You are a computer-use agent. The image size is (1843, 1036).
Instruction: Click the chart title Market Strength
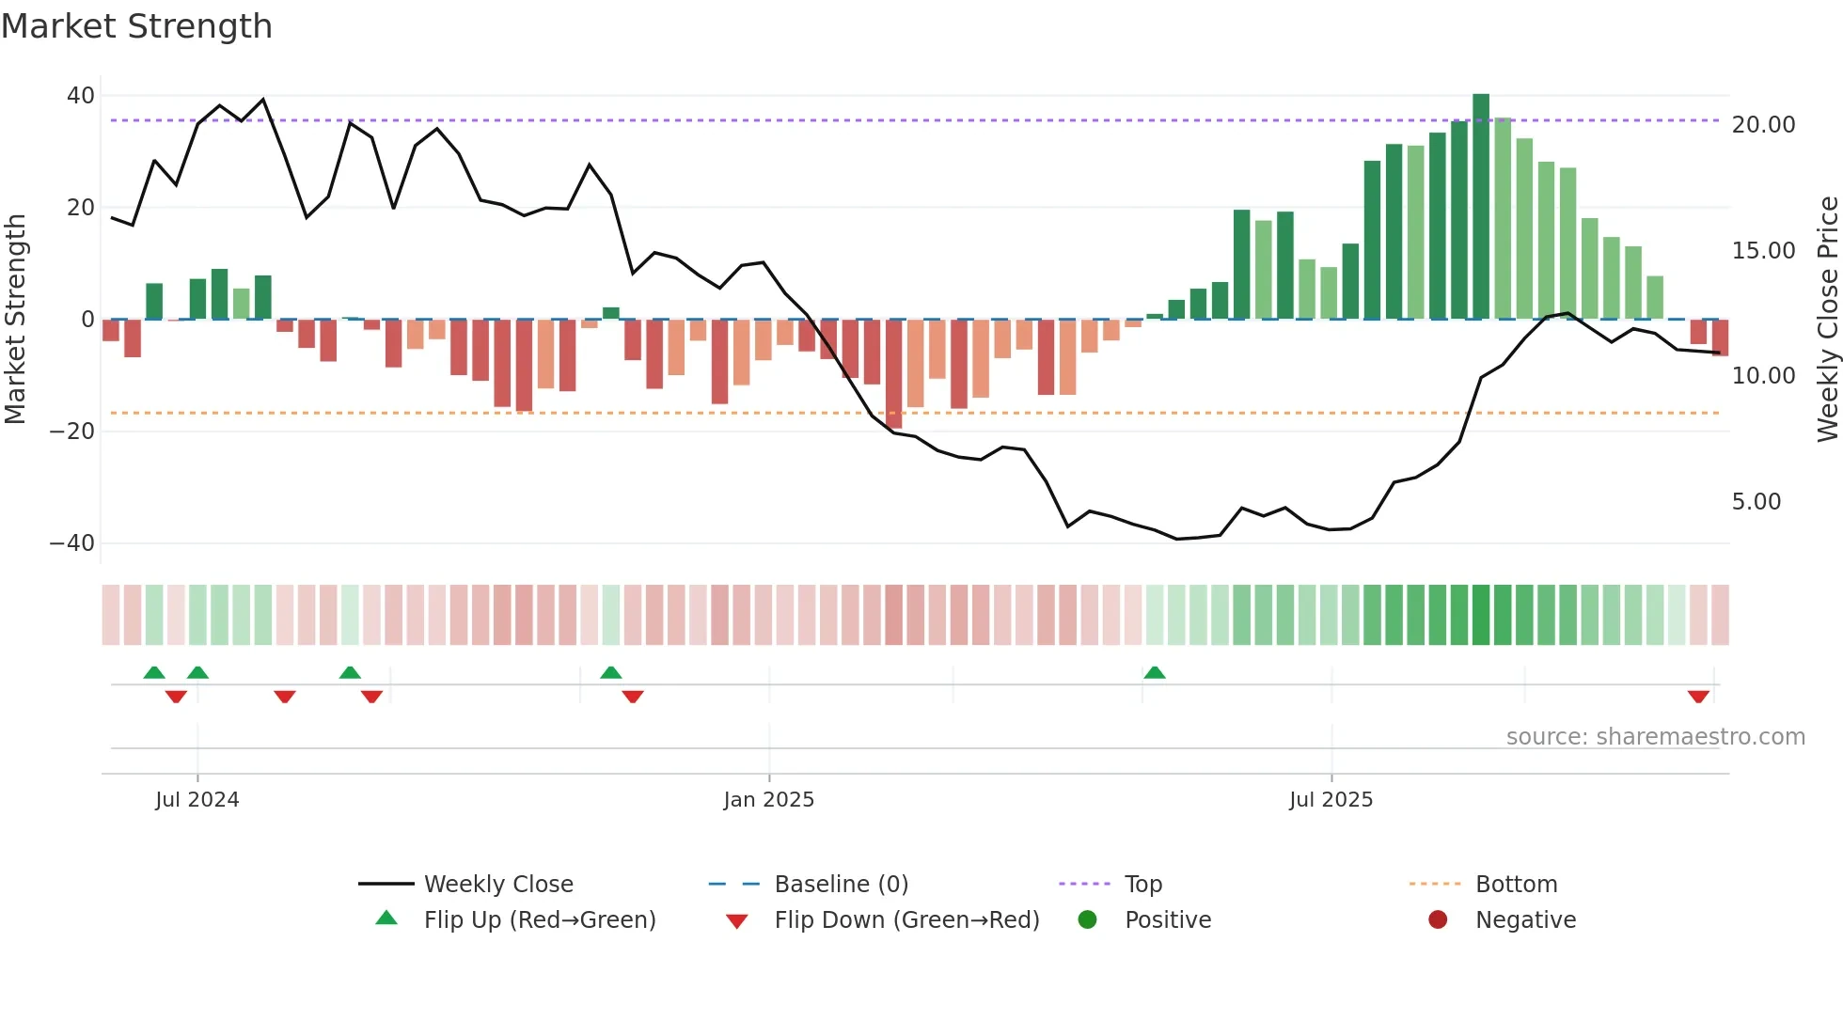click(x=136, y=26)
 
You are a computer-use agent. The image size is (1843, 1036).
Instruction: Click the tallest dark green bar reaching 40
click(x=1481, y=206)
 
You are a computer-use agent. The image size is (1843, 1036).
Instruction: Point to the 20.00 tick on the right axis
click(x=1763, y=125)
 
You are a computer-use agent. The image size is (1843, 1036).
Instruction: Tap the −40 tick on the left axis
click(x=71, y=543)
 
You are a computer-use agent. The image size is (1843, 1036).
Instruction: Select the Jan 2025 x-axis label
click(x=768, y=800)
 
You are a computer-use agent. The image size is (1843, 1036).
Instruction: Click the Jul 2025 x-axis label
click(x=1331, y=800)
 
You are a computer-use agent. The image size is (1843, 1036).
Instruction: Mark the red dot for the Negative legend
click(x=1438, y=920)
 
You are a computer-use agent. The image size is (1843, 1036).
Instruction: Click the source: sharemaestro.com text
click(x=1655, y=737)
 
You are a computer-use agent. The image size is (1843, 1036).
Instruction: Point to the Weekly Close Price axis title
click(x=1827, y=320)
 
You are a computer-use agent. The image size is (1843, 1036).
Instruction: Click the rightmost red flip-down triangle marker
click(x=1698, y=697)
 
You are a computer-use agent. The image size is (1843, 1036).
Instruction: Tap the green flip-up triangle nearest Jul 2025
click(x=1155, y=672)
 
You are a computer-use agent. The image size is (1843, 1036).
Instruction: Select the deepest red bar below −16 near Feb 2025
click(x=894, y=374)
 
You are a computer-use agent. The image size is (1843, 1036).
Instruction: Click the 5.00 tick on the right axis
click(x=1756, y=502)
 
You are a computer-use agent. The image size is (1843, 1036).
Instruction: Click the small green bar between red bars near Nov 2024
click(x=611, y=313)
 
